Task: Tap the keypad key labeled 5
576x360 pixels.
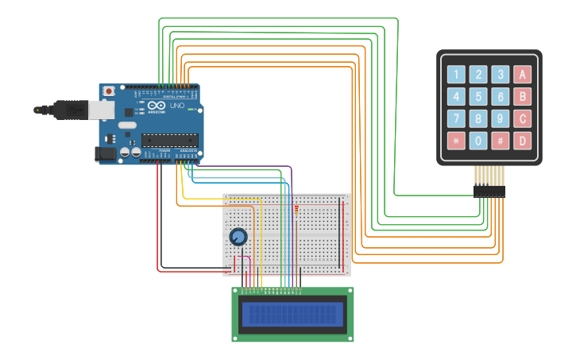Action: point(477,97)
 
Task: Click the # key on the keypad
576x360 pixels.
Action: point(500,141)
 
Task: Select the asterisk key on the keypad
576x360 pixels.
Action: point(456,141)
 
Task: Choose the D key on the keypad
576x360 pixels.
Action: point(522,141)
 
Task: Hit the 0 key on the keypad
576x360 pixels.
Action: point(477,141)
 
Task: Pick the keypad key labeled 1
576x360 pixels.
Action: point(456,75)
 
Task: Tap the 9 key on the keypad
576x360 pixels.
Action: point(500,119)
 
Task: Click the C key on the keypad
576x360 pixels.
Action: point(522,119)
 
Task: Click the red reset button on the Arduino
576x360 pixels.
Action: point(109,91)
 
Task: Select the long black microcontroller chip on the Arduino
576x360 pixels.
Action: point(169,141)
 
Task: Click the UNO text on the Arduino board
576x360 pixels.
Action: point(177,106)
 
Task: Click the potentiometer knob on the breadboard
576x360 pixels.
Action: point(238,237)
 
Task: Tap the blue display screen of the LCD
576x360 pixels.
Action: point(292,315)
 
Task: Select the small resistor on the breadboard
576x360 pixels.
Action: point(296,210)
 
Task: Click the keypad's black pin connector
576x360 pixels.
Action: point(489,192)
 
